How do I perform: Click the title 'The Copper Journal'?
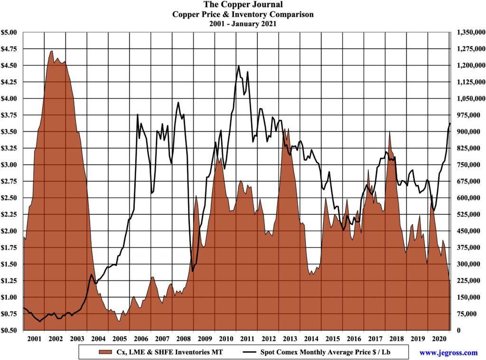tap(243, 5)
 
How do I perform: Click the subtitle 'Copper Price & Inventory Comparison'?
tap(243, 14)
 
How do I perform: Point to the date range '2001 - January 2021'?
tap(243, 24)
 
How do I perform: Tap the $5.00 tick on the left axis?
tap(10, 32)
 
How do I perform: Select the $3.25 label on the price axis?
tap(10, 148)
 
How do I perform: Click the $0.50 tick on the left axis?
tap(10, 331)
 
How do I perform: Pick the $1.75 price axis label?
tap(10, 248)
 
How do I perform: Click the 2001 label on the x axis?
tap(34, 339)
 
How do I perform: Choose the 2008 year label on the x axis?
tap(183, 339)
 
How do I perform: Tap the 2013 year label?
tap(290, 339)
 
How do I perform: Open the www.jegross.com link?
tap(448, 352)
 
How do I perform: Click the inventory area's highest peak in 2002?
tap(52, 51)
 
